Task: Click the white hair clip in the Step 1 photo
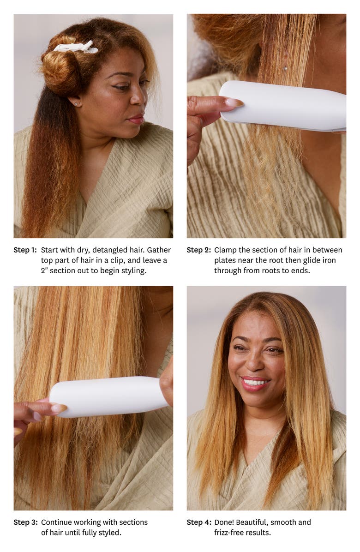coord(76,47)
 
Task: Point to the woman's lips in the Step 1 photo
coord(137,120)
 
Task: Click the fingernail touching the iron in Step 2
coord(234,102)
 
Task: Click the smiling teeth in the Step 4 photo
coord(255,382)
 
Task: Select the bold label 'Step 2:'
coord(199,250)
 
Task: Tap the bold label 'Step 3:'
coord(26,522)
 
